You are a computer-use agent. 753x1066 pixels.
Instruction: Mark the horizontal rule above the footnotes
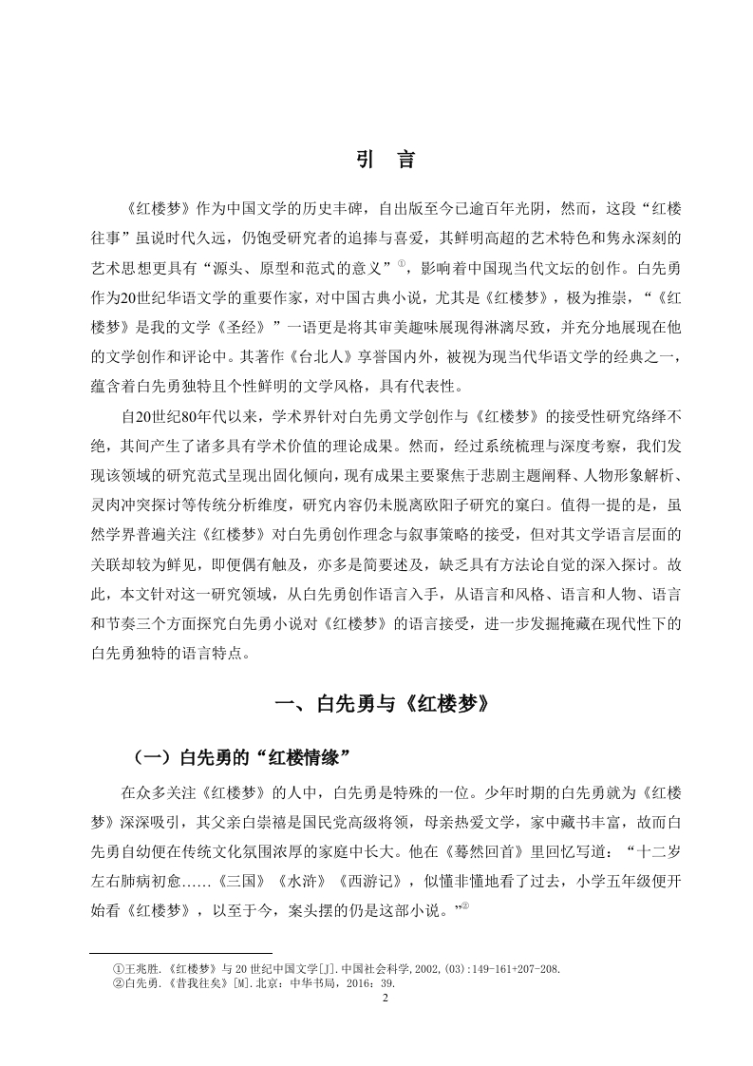coord(180,953)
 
